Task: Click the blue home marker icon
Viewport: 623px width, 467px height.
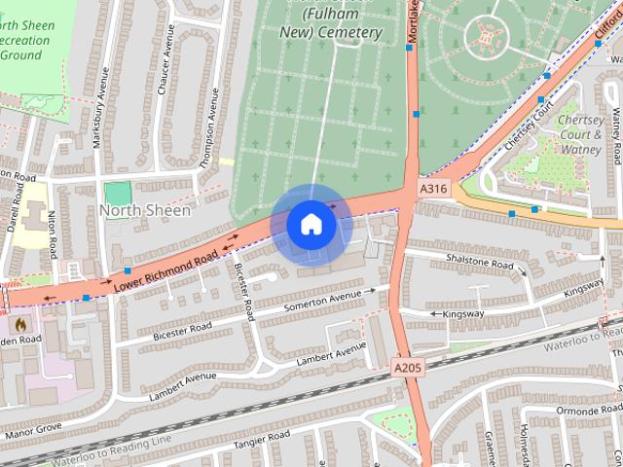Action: click(x=311, y=224)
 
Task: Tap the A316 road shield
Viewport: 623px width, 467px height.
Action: click(x=434, y=187)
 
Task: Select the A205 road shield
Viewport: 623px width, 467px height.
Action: click(x=408, y=366)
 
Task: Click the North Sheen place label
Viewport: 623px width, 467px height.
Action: click(x=145, y=210)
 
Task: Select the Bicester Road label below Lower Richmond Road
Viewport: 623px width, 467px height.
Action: click(x=245, y=291)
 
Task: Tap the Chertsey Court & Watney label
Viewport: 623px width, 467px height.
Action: click(x=581, y=135)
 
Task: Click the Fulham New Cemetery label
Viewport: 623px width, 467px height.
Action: click(x=329, y=24)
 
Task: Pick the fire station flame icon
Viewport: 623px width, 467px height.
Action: click(x=20, y=321)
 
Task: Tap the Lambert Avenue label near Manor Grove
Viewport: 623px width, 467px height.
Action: click(x=182, y=386)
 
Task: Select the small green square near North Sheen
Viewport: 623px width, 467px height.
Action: click(x=118, y=193)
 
